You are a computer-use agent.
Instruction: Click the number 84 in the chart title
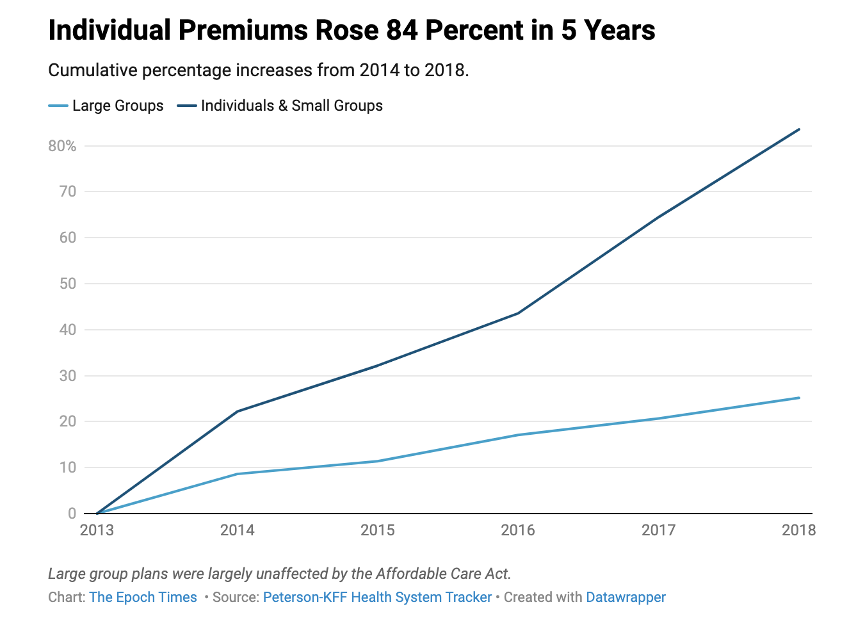point(402,30)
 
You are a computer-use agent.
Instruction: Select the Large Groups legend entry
point(106,106)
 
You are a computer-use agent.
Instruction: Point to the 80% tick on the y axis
point(62,146)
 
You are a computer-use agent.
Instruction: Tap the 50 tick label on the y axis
point(67,284)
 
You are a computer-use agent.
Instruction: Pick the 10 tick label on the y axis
point(67,467)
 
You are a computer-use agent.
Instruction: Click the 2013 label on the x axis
point(97,530)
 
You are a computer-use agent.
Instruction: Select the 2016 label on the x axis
point(518,530)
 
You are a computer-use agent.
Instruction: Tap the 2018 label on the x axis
point(798,530)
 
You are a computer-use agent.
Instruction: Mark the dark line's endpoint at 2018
point(799,129)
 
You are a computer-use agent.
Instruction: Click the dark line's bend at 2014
point(238,411)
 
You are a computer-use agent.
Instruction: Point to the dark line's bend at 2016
point(518,313)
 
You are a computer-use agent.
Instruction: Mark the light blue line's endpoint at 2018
point(799,398)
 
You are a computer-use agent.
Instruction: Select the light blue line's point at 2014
point(238,474)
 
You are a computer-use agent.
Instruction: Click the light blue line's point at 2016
point(518,435)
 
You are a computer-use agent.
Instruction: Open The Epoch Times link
point(143,597)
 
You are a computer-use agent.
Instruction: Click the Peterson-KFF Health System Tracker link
point(377,597)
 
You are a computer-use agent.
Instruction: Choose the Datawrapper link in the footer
point(626,597)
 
